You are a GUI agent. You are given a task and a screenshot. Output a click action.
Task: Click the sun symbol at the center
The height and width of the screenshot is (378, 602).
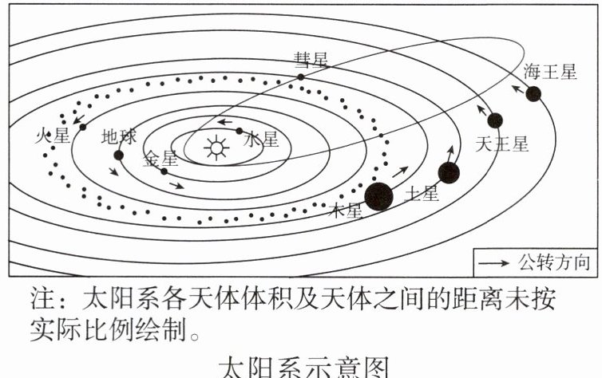coord(215,148)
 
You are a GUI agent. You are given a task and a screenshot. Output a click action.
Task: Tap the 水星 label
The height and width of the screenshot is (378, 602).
coord(263,140)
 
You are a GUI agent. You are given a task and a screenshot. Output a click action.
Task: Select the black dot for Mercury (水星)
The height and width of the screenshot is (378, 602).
coord(240,131)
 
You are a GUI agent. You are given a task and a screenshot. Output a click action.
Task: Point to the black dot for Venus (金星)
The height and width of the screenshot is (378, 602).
coord(164,171)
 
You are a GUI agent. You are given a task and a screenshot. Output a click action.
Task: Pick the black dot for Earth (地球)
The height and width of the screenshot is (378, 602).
coord(119,156)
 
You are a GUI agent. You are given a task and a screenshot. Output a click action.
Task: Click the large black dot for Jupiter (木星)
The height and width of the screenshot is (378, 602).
coord(378,195)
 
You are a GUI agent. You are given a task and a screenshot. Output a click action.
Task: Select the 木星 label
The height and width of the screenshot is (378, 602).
coord(347,211)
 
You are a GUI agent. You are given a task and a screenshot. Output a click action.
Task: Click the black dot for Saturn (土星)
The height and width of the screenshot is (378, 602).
coord(449,172)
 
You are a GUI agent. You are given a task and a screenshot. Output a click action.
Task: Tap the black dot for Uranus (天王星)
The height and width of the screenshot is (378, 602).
coord(495,120)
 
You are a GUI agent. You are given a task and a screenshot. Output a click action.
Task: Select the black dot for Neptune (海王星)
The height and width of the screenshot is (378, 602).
coord(533,94)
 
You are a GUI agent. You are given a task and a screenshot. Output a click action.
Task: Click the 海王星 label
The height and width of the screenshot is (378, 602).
coord(550,72)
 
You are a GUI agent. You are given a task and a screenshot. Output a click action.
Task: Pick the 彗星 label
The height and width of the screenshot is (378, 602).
coord(311,60)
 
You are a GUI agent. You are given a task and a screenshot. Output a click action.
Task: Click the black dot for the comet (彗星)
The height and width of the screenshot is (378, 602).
coord(301,77)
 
